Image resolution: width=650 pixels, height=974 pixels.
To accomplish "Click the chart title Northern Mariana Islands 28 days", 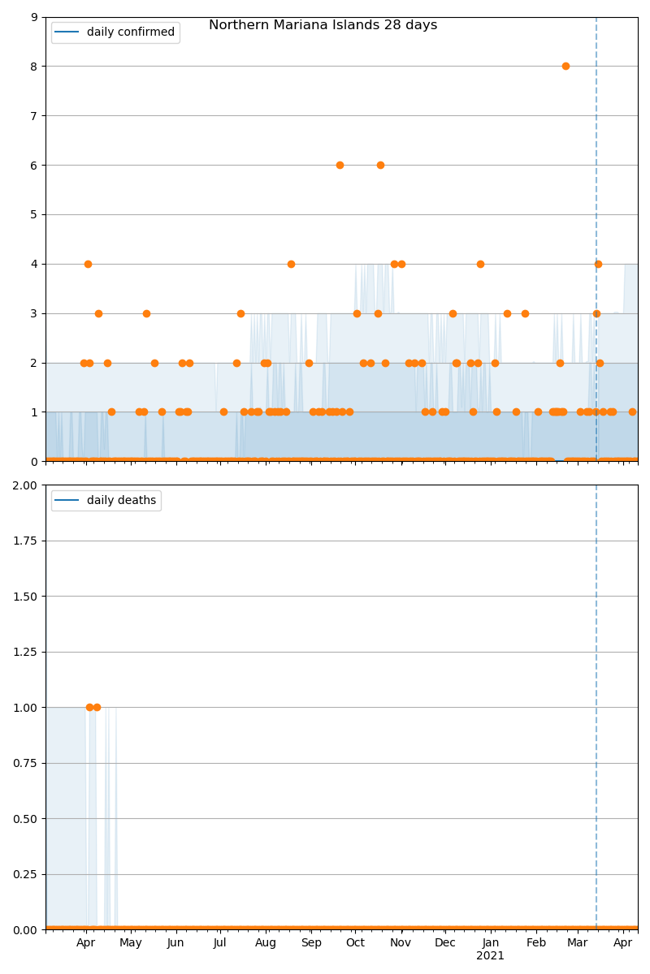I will tap(323, 25).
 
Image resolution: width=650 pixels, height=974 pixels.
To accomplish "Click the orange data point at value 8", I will tap(565, 66).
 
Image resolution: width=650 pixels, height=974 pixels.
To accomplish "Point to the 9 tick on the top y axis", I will tap(33, 17).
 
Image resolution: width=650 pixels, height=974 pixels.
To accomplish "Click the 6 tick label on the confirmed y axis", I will tap(33, 166).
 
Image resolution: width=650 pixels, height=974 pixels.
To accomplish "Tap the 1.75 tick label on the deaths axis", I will tap(26, 541).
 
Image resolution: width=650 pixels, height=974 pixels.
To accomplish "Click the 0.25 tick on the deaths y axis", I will tap(26, 874).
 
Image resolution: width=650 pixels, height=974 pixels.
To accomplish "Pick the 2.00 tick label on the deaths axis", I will tap(26, 485).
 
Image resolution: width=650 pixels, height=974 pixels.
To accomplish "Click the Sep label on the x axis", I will tap(311, 943).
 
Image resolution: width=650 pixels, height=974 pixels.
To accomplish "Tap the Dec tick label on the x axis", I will tap(445, 943).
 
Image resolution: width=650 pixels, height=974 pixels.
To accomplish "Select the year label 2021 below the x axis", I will tap(490, 956).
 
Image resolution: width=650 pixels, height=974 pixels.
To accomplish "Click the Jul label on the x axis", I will tap(220, 943).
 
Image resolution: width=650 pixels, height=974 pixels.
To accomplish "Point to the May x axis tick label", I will tap(131, 943).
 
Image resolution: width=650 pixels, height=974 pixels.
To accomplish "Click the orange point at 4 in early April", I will tap(88, 264).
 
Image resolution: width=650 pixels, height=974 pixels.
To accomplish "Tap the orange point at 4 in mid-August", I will tap(291, 264).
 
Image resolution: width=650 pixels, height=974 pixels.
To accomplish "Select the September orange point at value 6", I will tap(340, 165).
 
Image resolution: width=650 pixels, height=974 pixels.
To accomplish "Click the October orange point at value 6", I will tap(380, 165).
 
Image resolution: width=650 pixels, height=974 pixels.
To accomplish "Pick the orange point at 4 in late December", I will tap(480, 264).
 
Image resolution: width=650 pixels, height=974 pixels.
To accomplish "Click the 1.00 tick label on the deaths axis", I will tap(26, 708).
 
